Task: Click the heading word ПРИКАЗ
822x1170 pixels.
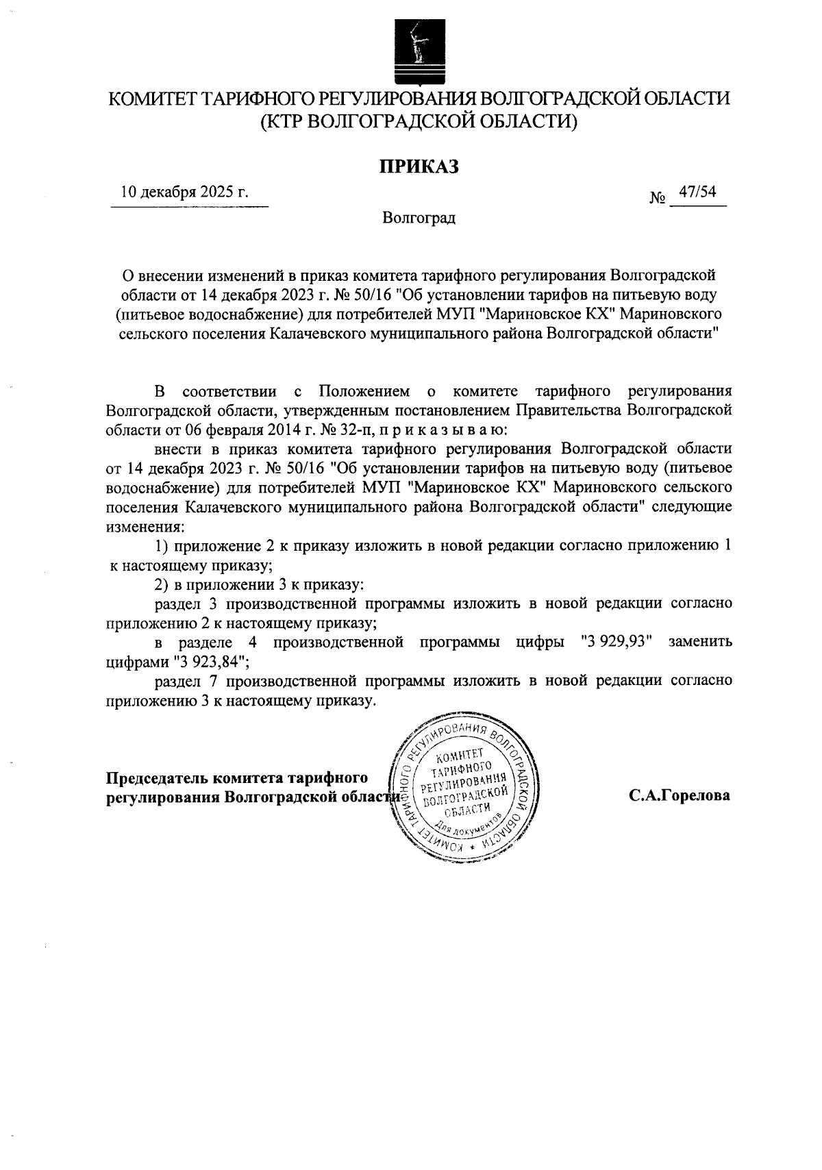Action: (419, 165)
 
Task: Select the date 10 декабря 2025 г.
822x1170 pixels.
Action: (184, 192)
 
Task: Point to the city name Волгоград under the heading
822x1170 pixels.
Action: (419, 219)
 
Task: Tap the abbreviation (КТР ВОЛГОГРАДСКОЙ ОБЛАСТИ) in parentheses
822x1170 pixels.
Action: (419, 122)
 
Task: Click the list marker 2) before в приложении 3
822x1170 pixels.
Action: (162, 584)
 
